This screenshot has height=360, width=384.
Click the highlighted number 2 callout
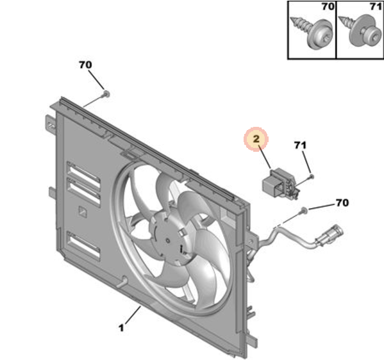[256, 139]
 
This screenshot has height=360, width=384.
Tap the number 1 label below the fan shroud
[121, 328]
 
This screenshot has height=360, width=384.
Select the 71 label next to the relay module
[300, 145]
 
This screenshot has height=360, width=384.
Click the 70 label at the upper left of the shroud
[85, 65]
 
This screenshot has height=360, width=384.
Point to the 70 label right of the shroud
[342, 202]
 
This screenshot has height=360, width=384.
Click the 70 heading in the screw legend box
[328, 6]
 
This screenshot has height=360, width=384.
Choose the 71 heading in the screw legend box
[376, 6]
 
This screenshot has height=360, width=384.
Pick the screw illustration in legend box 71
[360, 31]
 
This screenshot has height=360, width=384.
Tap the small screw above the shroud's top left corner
[106, 94]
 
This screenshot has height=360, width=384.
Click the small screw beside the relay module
[312, 176]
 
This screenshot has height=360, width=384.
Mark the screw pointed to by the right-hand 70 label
[304, 209]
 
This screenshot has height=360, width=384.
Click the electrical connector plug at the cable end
[329, 235]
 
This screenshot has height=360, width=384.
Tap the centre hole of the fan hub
[168, 241]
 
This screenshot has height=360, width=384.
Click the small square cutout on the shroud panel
[83, 211]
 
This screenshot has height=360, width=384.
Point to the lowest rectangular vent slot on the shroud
[83, 245]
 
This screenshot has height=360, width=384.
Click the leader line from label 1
[133, 315]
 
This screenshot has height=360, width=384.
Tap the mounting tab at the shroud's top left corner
[50, 124]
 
